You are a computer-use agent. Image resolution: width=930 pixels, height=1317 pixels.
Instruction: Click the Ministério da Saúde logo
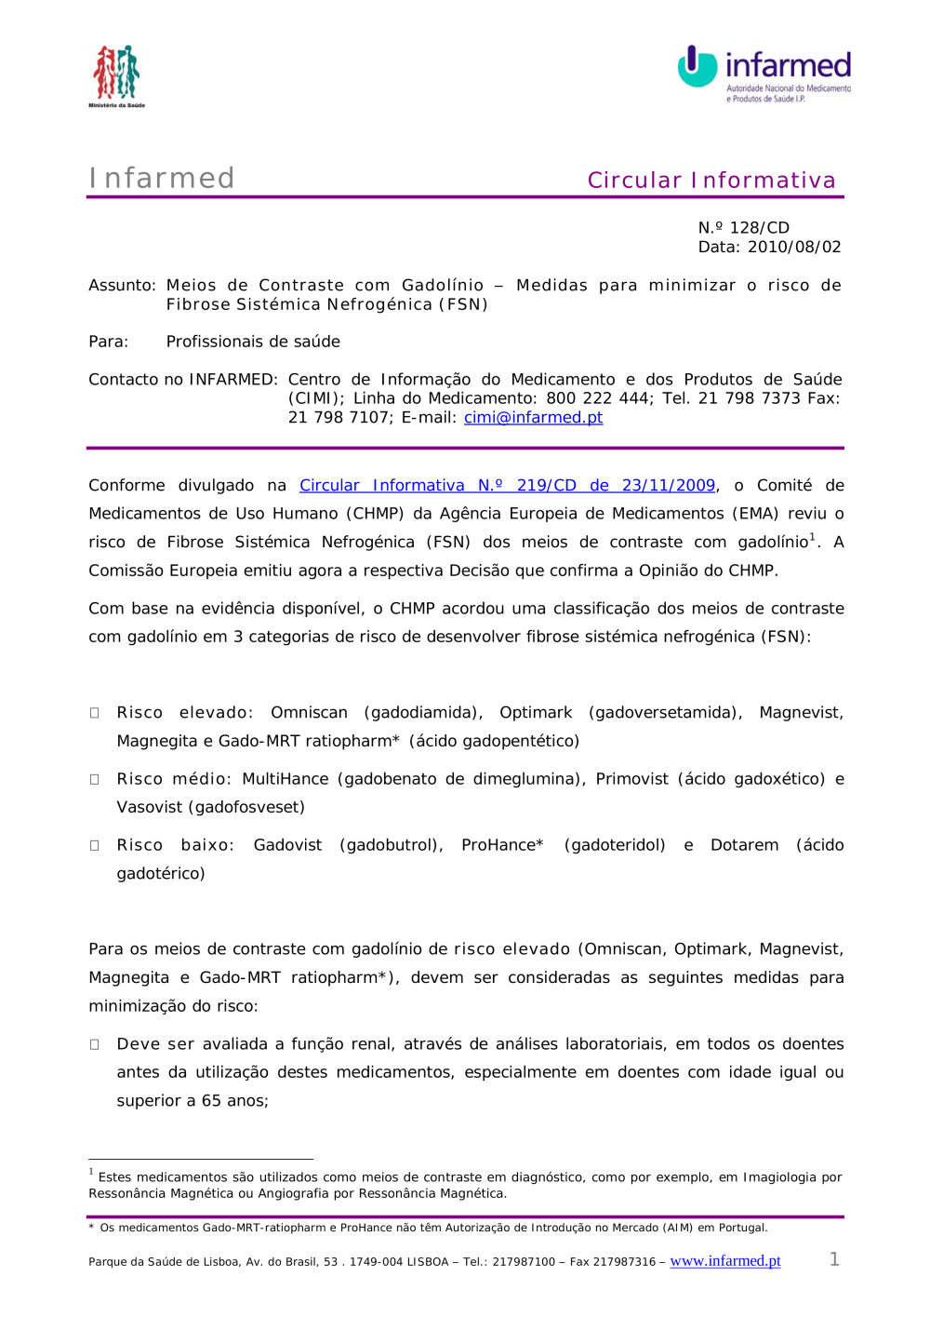point(116,75)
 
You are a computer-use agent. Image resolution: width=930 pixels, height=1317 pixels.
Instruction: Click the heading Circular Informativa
point(711,180)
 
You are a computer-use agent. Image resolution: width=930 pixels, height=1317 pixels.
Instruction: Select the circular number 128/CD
point(759,227)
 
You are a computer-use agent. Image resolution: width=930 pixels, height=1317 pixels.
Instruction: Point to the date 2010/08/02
point(794,247)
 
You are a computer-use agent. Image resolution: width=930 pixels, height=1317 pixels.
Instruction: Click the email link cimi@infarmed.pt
point(533,417)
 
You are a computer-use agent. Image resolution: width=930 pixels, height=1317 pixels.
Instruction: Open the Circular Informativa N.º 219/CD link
point(507,485)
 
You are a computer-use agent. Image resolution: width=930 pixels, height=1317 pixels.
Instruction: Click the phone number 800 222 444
point(598,398)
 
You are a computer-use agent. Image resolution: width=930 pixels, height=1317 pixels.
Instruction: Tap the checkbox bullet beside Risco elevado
point(94,713)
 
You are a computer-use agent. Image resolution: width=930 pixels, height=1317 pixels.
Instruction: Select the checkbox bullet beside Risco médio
point(94,779)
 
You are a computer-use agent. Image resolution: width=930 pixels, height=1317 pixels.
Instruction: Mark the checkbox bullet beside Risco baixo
point(94,845)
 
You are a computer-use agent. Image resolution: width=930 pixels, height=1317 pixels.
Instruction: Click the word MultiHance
point(286,779)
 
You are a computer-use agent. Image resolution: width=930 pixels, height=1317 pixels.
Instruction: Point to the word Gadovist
point(287,845)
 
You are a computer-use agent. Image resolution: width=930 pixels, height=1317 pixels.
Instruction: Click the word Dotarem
point(744,845)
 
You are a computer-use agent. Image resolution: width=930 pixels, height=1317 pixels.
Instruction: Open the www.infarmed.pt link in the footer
point(725,1260)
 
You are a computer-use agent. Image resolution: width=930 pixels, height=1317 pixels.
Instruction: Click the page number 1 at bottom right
point(834,1259)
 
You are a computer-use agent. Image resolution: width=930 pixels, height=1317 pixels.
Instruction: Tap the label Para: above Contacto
point(108,342)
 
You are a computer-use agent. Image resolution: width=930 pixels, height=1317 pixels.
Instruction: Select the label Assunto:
point(122,285)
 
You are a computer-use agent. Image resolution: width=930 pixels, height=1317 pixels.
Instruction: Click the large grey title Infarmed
point(162,178)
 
